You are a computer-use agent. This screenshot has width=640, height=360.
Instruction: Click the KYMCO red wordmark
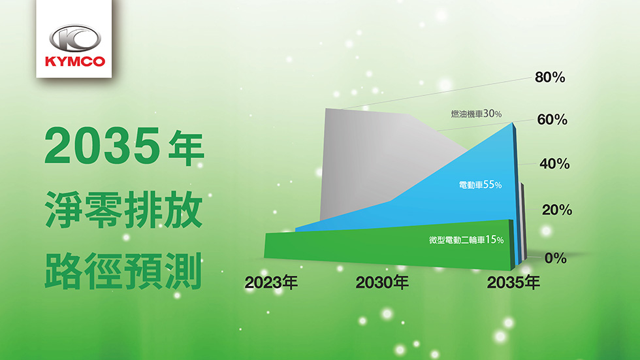point(75,61)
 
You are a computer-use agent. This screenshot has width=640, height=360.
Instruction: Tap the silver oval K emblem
point(75,39)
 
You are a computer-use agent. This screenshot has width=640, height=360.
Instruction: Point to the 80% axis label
point(550,77)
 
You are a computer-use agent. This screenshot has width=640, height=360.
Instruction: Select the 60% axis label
point(552,120)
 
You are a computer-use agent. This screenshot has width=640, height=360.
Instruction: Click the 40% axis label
point(554,164)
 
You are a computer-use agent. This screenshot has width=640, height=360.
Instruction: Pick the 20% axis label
point(557,210)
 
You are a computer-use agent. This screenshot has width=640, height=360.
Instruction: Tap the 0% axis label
point(556,258)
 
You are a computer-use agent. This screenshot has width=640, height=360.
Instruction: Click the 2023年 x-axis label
point(271,282)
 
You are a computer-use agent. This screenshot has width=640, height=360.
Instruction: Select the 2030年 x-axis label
point(382,282)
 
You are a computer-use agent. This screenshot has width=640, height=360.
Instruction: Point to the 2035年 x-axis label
point(513,282)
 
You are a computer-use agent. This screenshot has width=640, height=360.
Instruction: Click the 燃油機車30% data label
point(476,114)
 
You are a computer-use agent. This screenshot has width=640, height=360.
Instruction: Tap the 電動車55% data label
point(480,185)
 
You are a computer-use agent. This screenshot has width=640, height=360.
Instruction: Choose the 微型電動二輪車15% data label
point(466,240)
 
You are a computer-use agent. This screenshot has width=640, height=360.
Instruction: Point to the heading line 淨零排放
point(124,209)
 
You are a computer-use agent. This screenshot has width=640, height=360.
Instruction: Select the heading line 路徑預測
point(123,271)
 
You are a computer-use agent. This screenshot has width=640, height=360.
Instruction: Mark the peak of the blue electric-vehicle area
point(513,122)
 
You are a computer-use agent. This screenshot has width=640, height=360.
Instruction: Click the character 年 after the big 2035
point(186,148)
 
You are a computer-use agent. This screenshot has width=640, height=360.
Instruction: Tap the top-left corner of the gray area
point(325,108)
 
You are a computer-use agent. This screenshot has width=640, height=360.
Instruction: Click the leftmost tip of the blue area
point(295,230)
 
